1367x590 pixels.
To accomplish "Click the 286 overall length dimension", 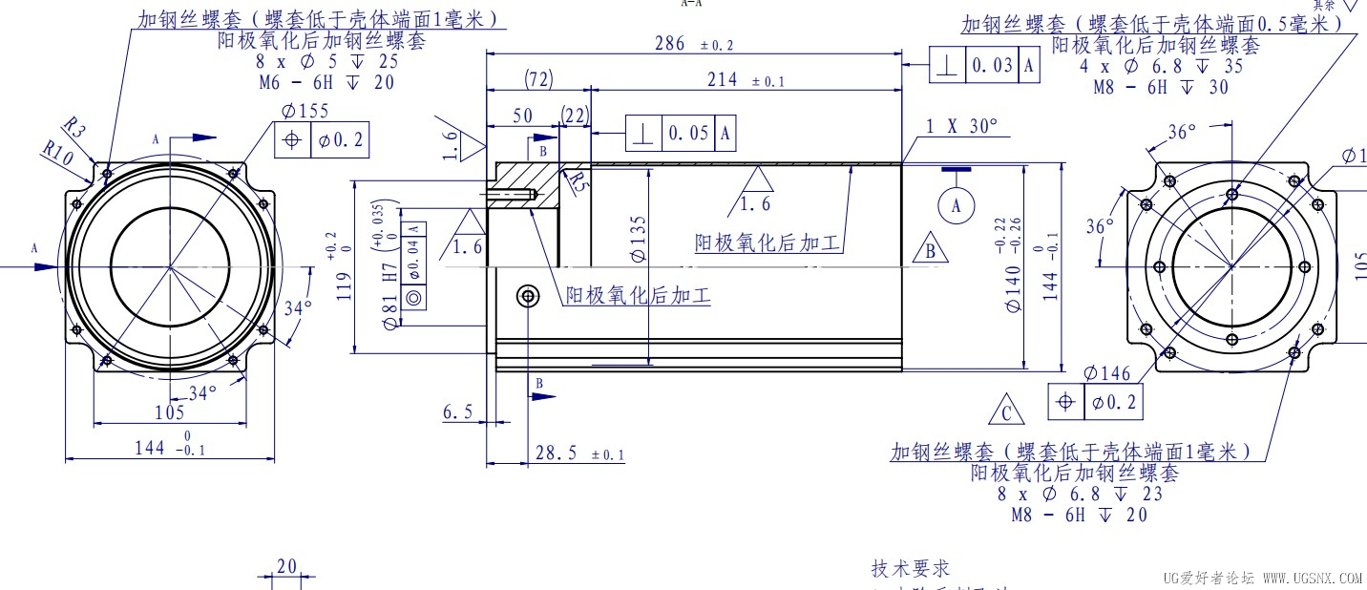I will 669,44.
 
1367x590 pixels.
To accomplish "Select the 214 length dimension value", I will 723,80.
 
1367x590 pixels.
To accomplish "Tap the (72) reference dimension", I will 538,79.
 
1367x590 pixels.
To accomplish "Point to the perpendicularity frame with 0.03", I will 984,66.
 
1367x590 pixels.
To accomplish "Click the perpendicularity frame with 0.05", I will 681,133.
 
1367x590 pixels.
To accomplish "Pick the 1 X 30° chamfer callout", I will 961,126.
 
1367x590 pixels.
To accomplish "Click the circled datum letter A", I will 957,203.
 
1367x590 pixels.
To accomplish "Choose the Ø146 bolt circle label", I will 1107,373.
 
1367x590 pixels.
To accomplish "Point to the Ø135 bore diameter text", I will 639,239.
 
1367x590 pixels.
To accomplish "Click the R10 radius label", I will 57,153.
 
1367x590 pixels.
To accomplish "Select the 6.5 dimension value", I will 458,411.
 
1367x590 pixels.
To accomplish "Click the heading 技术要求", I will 911,568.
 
